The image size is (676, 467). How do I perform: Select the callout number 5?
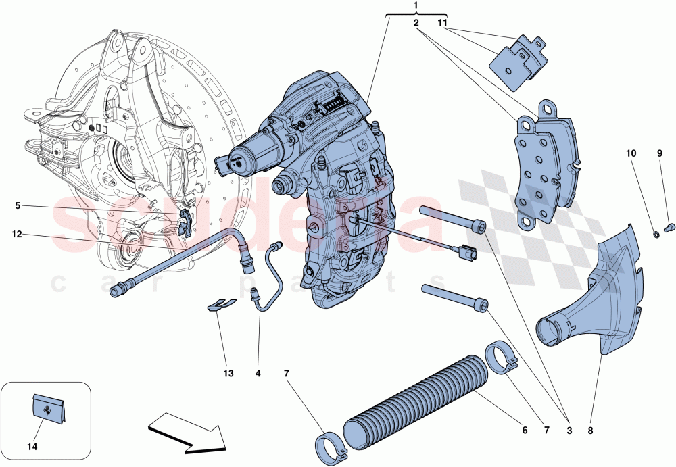[x=18, y=205]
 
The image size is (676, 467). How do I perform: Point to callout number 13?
[x=228, y=374]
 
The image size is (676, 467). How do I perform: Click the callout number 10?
[x=630, y=154]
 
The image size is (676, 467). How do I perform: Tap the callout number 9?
[x=660, y=154]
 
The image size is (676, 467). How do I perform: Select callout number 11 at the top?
[x=443, y=22]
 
